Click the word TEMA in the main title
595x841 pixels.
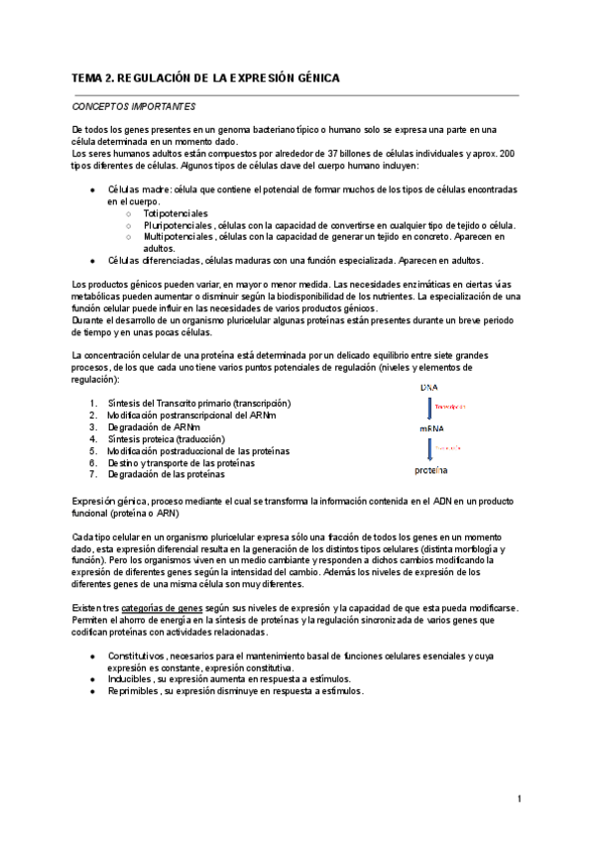[89, 77]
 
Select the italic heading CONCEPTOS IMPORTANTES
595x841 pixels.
[134, 106]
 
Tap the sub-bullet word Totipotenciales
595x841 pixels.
[176, 213]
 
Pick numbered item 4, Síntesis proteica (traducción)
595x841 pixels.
[179, 438]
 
